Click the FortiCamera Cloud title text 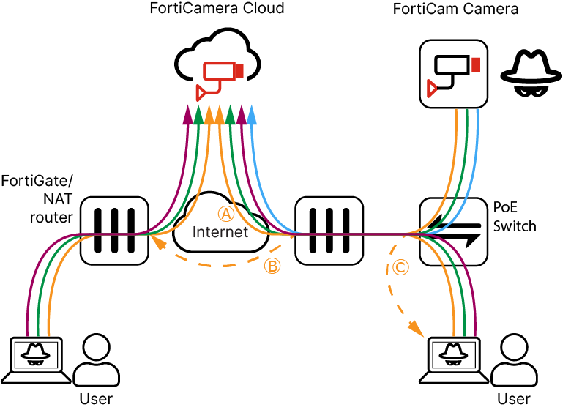pos(217,10)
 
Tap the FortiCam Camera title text pos(466,10)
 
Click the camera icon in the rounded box pos(454,74)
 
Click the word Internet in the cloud pos(220,233)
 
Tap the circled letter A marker pos(226,213)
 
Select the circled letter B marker pos(272,266)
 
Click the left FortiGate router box pos(113,230)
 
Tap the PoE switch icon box pos(452,230)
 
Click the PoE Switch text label pos(514,217)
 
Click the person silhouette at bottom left pos(97,361)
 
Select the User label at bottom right pos(513,399)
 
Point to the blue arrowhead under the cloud pos(251,114)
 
